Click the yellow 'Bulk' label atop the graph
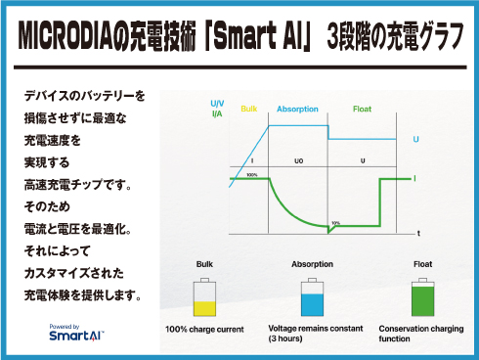[247, 109]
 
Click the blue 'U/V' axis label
[217, 103]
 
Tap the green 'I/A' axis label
[217, 113]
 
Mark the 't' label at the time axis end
[418, 235]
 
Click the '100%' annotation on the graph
[251, 175]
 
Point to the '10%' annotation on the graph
[335, 222]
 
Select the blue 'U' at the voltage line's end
[416, 140]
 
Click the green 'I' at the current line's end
[416, 178]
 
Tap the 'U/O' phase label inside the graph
[298, 159]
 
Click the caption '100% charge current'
[204, 329]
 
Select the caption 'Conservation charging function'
[422, 334]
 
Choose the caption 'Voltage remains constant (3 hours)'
[312, 334]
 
